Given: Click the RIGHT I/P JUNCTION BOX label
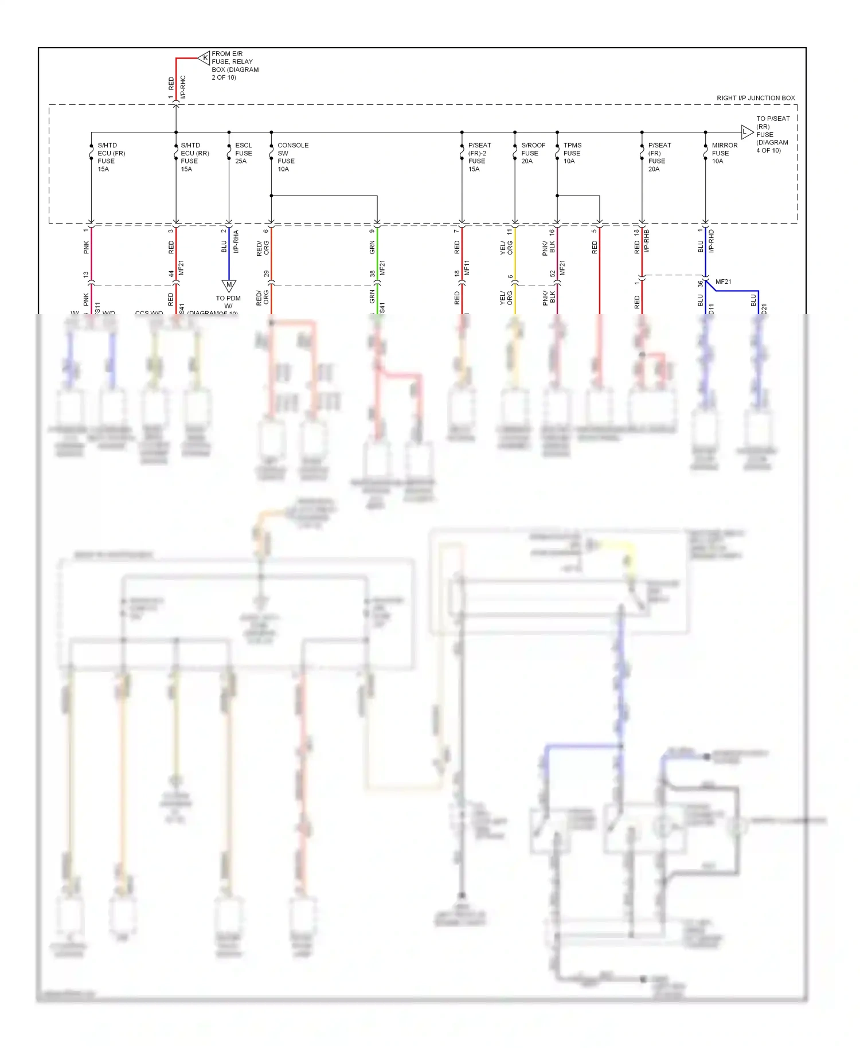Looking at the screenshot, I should coord(756,98).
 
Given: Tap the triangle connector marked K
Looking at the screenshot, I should coord(204,58).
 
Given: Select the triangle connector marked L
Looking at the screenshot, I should coord(746,132).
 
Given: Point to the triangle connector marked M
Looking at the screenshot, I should coord(229,285).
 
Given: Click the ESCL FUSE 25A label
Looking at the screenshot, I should coord(243,153).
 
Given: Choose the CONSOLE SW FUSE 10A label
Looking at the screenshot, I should coord(292,157).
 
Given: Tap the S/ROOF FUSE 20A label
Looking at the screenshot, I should coord(533,153).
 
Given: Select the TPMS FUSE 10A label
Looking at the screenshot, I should coord(572,153).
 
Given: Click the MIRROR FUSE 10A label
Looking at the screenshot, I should coord(724,153).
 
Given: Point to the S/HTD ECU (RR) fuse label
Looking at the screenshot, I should coord(194,157).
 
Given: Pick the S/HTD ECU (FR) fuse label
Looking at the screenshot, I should coord(111,157).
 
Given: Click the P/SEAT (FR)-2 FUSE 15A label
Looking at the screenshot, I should coord(479,157).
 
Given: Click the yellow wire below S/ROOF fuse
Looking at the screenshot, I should coord(515,258).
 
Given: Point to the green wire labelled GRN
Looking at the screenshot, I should coord(377,258).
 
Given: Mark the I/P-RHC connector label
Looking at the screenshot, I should coord(183,87).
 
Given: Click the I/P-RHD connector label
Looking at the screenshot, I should coord(711,241).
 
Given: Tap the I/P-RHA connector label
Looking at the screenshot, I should coord(236,241).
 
